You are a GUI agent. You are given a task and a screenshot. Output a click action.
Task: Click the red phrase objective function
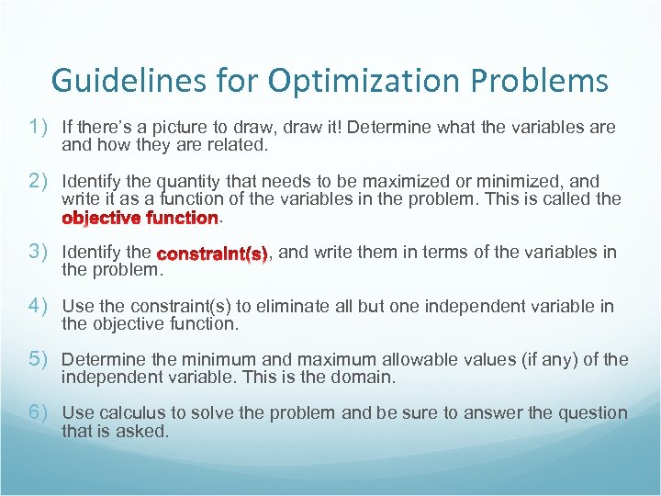140,219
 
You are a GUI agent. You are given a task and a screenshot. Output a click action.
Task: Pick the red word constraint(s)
212,253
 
